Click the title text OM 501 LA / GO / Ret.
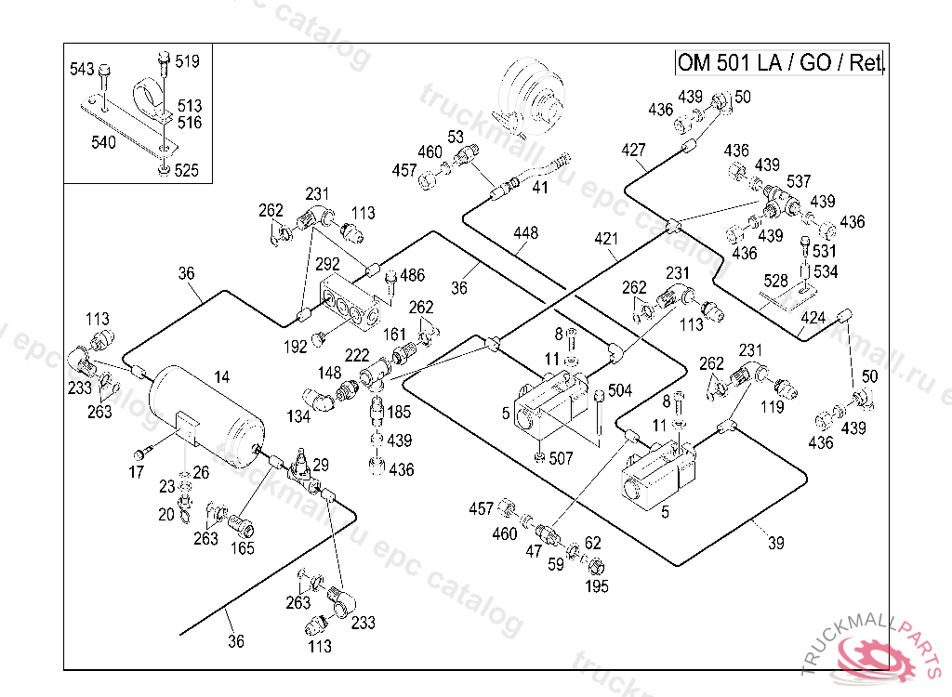780,62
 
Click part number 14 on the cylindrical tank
221,377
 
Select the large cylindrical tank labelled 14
205,416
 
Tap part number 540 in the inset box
103,142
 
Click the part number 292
327,264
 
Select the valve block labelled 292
350,302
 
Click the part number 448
525,232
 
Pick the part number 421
606,239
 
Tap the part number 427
633,150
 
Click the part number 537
799,181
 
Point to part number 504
620,390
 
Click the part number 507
561,458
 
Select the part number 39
776,543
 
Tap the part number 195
596,585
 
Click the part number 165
243,548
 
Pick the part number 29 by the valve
321,465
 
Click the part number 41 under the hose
540,187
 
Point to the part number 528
775,281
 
